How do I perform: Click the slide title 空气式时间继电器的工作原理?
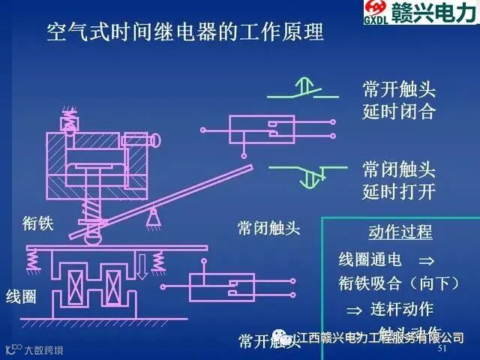[184, 33]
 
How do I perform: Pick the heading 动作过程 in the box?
[400, 232]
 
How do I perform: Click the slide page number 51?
[442, 349]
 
